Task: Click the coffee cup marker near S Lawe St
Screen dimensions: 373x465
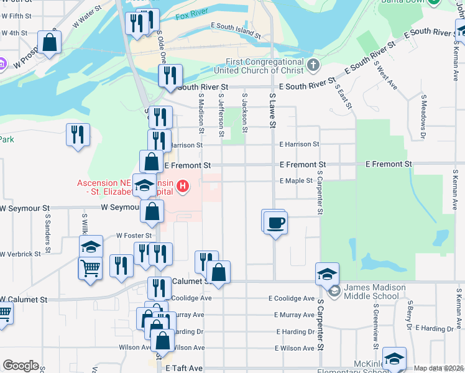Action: (275, 223)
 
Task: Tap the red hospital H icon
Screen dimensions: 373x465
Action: (183, 185)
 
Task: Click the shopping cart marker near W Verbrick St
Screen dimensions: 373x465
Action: (90, 269)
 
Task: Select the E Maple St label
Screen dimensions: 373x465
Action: (296, 180)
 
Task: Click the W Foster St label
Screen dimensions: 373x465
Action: (134, 236)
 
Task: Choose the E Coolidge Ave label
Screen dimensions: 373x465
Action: (292, 298)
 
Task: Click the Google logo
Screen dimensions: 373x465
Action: (21, 366)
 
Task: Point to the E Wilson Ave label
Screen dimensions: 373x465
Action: (292, 348)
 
